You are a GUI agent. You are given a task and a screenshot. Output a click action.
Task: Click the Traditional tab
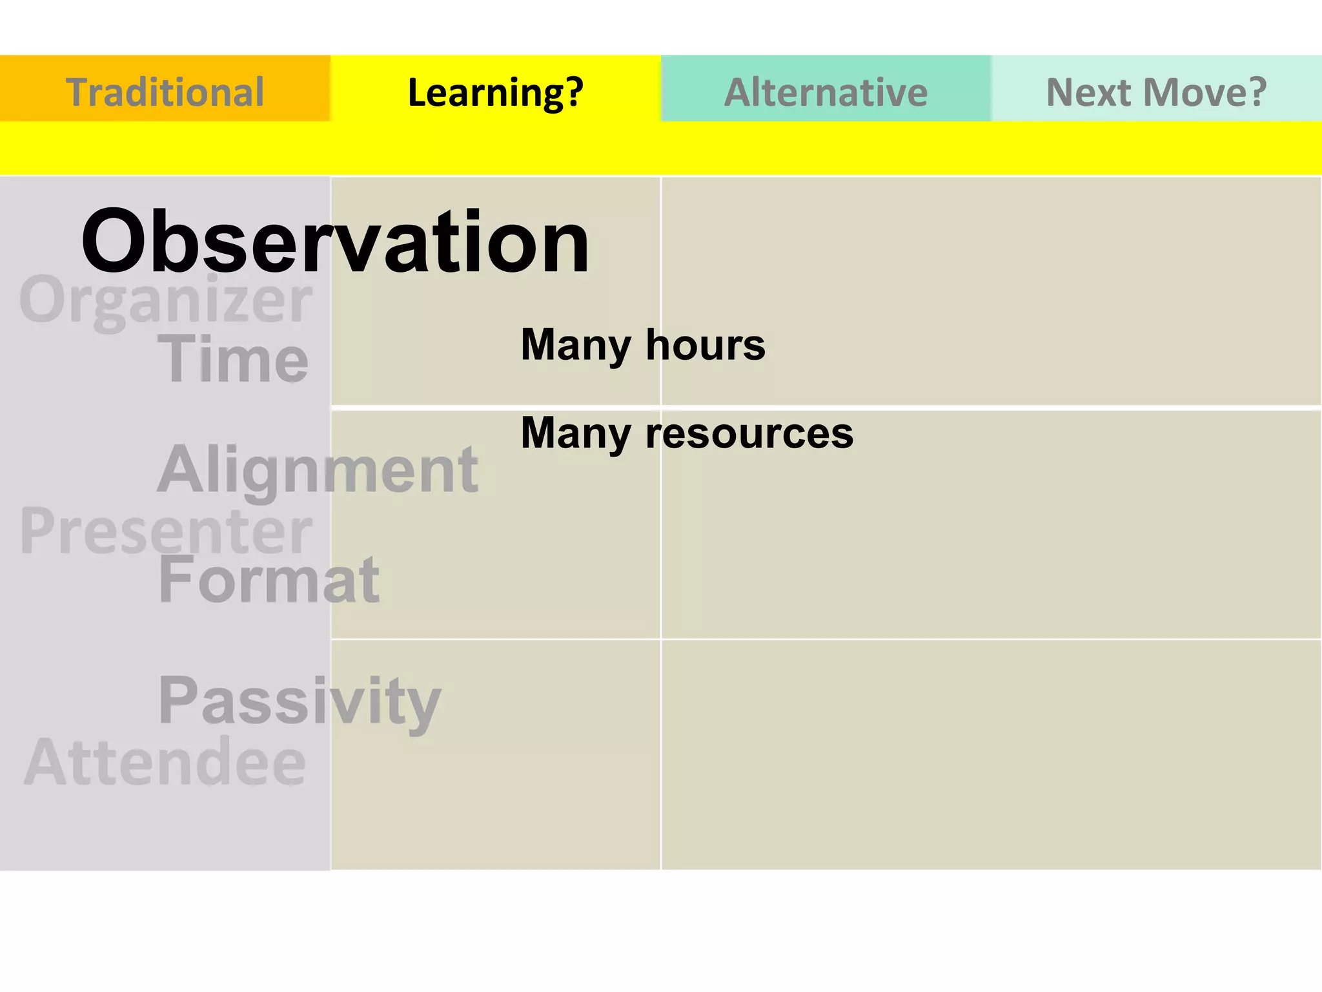coord(165,92)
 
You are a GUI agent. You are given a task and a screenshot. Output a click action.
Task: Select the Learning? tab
coord(495,92)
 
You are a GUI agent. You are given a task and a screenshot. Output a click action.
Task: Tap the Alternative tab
coord(826,92)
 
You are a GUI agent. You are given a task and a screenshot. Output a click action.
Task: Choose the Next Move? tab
coord(1156,92)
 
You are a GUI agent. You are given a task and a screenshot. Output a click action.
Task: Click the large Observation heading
coord(334,242)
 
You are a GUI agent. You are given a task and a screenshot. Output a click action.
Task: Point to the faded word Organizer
coord(165,300)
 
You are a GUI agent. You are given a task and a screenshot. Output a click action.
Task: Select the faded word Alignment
coord(318,470)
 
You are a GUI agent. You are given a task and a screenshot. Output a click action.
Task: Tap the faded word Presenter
coord(165,531)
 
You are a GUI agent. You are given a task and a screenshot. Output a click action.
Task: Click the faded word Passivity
coord(300,701)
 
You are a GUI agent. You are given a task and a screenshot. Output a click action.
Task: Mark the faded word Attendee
coord(165,762)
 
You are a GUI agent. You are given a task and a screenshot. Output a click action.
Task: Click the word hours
coord(705,345)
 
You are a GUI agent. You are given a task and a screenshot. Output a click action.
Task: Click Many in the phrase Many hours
coord(575,345)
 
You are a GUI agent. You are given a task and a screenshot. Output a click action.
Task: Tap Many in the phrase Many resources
coord(575,433)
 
